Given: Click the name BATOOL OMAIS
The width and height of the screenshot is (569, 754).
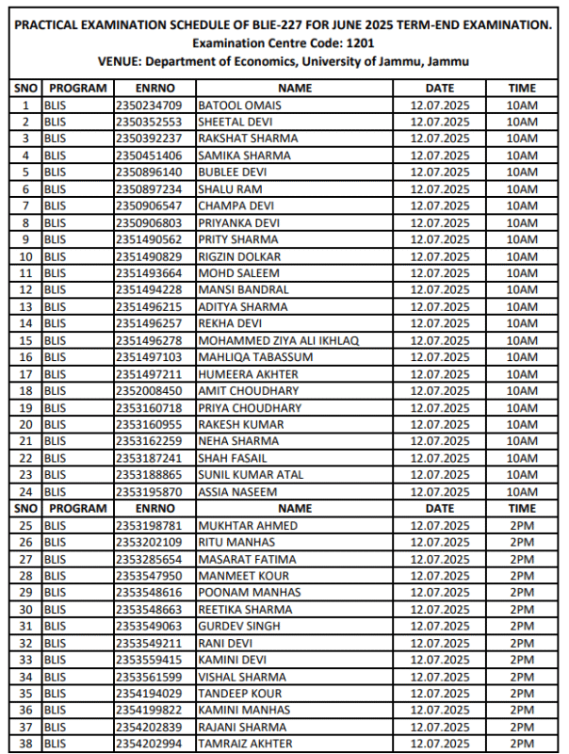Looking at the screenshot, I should click(234, 105).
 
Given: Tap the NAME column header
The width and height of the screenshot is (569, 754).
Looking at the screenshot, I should click(295, 88).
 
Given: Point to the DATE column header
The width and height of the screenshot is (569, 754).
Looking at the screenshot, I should click(439, 88).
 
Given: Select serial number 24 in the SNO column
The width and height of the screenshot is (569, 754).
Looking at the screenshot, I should click(25, 492).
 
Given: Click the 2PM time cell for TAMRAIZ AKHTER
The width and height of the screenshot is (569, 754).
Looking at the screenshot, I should click(521, 745).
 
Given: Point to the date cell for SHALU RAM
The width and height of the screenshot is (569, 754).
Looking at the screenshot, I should click(439, 189).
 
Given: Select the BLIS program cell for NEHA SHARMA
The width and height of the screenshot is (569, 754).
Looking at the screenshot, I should click(56, 441).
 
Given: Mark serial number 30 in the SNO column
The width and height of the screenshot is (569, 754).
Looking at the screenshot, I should click(25, 610).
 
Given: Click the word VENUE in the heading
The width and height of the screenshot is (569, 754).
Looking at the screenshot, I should click(118, 62).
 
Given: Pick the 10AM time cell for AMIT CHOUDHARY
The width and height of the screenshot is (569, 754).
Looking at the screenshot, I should click(521, 391).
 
